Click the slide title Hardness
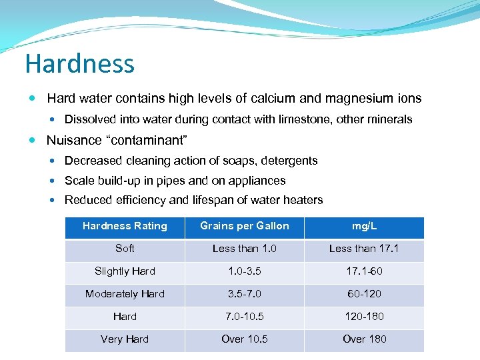coord(79,64)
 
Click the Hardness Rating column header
coord(125,226)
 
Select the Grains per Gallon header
coord(245,226)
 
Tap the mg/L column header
coord(364,226)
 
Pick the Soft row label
coord(125,249)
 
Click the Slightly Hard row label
coord(125,271)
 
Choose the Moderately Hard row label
coord(125,294)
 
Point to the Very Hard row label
coord(125,339)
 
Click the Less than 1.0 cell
coord(245,249)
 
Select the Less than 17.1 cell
coord(364,249)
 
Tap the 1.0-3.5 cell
coord(245,271)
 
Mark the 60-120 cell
coord(364,294)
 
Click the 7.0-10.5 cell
coord(245,317)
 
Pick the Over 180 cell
coord(364,339)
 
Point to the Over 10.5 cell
coord(245,339)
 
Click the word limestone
coord(307,120)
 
